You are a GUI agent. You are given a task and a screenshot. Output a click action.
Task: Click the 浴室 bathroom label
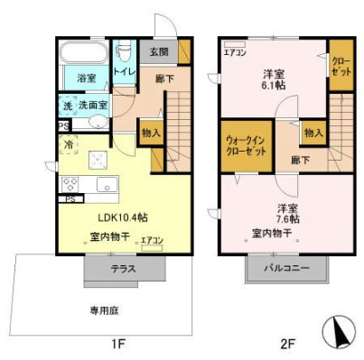tap(86, 78)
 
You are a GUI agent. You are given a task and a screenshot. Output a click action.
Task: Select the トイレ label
tap(123, 71)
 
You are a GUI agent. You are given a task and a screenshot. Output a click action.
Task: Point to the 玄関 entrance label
tap(159, 51)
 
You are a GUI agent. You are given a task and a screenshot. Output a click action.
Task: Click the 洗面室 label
tap(92, 106)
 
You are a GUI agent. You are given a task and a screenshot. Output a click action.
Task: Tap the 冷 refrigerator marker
tap(68, 143)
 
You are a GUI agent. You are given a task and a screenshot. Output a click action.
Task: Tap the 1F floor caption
tap(118, 344)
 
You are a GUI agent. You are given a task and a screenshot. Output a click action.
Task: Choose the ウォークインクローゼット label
tap(247, 146)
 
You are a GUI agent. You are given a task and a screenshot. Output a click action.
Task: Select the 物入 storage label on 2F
tap(313, 133)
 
